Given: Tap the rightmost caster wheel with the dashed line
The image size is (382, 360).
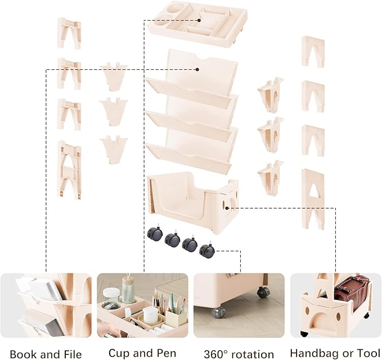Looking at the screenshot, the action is (x=207, y=250).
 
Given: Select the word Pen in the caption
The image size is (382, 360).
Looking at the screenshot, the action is (x=166, y=353).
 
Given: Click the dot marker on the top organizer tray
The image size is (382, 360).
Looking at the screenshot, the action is (x=199, y=20).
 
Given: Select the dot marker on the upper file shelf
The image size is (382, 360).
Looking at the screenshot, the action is (x=197, y=69).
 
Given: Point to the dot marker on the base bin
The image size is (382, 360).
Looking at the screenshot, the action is (x=227, y=208).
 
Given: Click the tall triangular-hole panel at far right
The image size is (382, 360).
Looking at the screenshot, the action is (x=313, y=199).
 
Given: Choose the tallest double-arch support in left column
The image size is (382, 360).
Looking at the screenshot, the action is (x=69, y=170).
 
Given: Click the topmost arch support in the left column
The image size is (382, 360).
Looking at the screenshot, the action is (x=69, y=33).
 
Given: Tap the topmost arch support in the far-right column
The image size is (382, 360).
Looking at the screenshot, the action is (x=313, y=52).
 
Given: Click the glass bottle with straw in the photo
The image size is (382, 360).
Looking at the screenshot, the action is (x=128, y=290).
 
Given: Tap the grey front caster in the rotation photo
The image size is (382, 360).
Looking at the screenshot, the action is (x=218, y=313).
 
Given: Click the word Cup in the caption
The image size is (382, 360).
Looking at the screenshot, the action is (x=118, y=353).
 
